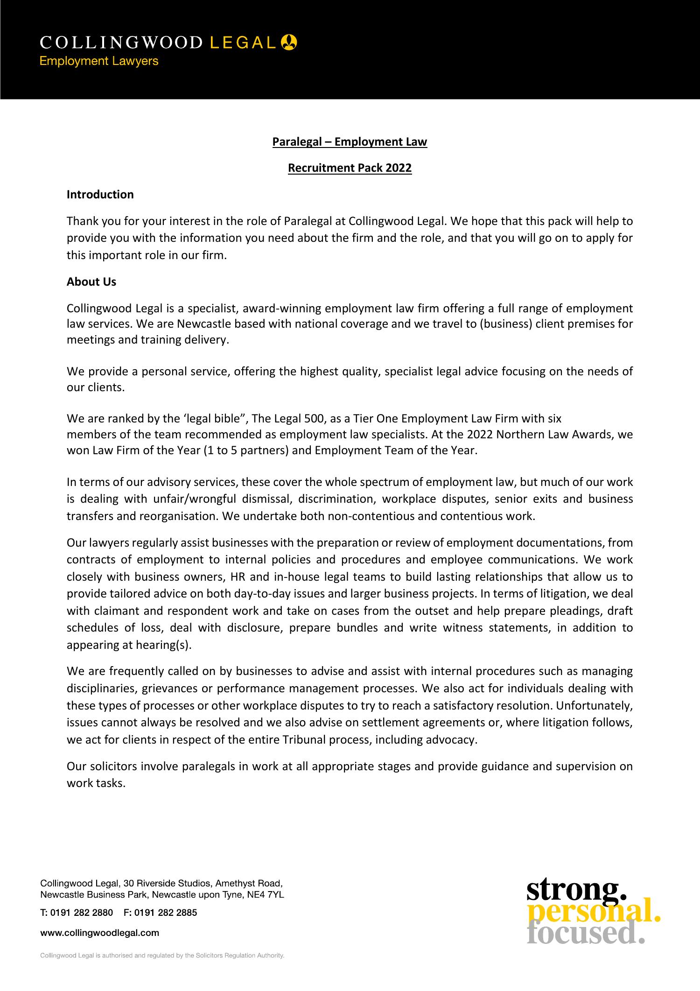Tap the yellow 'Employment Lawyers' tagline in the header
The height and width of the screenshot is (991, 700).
pos(99,61)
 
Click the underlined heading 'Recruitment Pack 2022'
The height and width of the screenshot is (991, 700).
pos(350,168)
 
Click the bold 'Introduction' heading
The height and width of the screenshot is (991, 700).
pos(100,195)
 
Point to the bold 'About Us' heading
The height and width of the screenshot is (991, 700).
pos(91,282)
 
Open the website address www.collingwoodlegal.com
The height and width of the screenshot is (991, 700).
pos(100,933)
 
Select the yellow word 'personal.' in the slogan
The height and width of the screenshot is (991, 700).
pos(594,913)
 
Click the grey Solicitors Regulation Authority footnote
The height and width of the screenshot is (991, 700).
pos(162,956)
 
